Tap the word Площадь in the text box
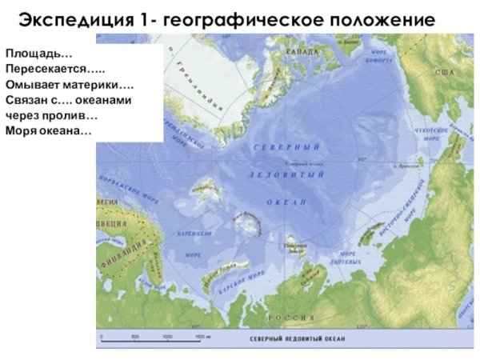(x=38, y=54)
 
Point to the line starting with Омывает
(x=70, y=84)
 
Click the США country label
(x=444, y=73)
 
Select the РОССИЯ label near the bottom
(x=291, y=318)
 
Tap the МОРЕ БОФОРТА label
(x=378, y=56)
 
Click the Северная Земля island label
(x=295, y=246)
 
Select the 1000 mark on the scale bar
(x=168, y=337)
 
